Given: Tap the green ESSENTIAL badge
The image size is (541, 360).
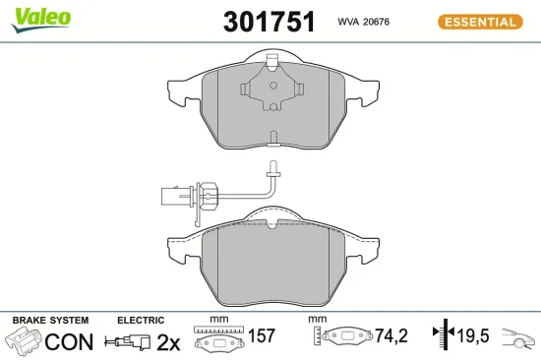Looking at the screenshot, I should (x=479, y=22).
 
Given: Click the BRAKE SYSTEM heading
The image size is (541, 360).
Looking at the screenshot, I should (x=49, y=321).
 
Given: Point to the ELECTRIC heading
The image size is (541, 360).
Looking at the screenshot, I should (x=141, y=321).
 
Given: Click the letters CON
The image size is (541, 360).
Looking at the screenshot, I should (x=70, y=342).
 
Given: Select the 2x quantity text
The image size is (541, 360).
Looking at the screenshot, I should (x=168, y=342).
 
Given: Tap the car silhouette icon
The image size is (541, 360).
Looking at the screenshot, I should (x=518, y=340).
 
